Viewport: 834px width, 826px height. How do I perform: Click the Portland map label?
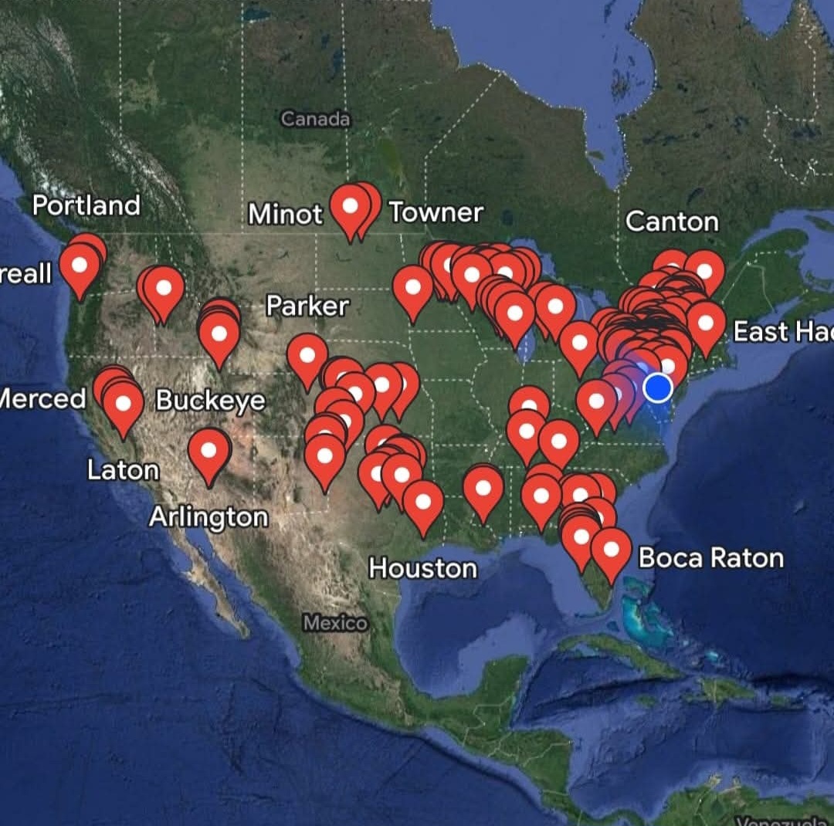(x=86, y=205)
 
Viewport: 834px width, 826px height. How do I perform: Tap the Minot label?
(x=285, y=214)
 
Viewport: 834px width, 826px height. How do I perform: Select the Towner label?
(x=436, y=212)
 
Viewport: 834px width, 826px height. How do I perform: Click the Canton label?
(x=671, y=222)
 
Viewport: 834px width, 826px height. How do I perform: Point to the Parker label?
(x=307, y=306)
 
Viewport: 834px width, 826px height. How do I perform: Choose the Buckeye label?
(x=210, y=401)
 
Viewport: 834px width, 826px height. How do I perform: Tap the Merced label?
(x=42, y=399)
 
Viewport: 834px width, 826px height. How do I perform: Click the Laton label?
(x=123, y=470)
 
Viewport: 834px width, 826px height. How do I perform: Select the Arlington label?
(x=208, y=517)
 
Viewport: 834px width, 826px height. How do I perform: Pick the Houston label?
(x=422, y=569)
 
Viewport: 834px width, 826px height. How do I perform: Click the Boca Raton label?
(x=710, y=558)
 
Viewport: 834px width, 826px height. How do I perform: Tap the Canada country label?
(x=315, y=119)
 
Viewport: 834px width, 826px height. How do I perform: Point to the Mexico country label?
(x=335, y=623)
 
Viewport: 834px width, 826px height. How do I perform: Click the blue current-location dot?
(x=658, y=388)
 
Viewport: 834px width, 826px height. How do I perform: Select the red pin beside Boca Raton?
(x=611, y=551)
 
